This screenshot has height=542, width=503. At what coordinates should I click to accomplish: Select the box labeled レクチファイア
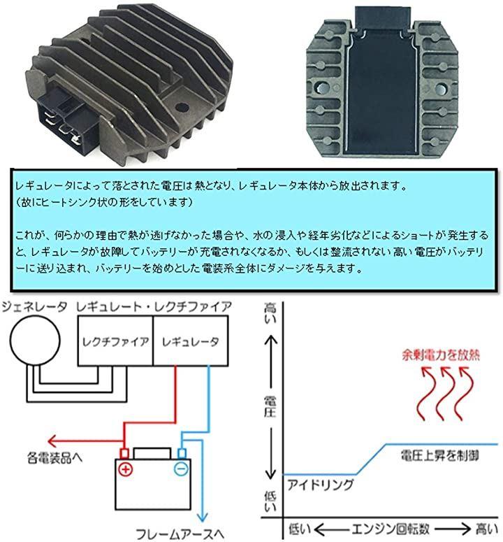pos(115,341)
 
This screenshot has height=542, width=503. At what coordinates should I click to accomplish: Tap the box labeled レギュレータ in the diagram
pos(190,341)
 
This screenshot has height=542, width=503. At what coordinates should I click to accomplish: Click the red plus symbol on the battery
pos(125,469)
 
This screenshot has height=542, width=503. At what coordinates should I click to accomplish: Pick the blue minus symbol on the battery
pos(181,469)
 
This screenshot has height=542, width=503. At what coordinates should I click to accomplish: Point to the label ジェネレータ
pos(34,306)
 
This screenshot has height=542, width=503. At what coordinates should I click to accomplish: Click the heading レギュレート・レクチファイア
pos(154,306)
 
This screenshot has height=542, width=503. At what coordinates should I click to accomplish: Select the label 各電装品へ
pos(54,457)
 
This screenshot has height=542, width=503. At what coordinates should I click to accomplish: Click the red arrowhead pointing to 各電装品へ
pos(52,441)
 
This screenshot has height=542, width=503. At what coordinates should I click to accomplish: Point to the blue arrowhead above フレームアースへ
pos(202,517)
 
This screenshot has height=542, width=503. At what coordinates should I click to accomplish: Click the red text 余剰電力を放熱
pos(441,355)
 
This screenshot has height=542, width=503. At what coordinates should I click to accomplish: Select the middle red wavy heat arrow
pos(444,393)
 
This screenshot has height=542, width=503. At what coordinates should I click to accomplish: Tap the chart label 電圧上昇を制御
pos(439,455)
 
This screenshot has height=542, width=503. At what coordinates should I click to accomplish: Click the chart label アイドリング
pos(320,485)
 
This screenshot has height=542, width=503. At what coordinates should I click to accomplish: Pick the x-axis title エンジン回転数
pos(391,529)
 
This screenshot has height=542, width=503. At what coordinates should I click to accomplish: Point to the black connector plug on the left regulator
pos(64,117)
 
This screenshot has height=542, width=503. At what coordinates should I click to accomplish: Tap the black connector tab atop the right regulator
pos(383,17)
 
